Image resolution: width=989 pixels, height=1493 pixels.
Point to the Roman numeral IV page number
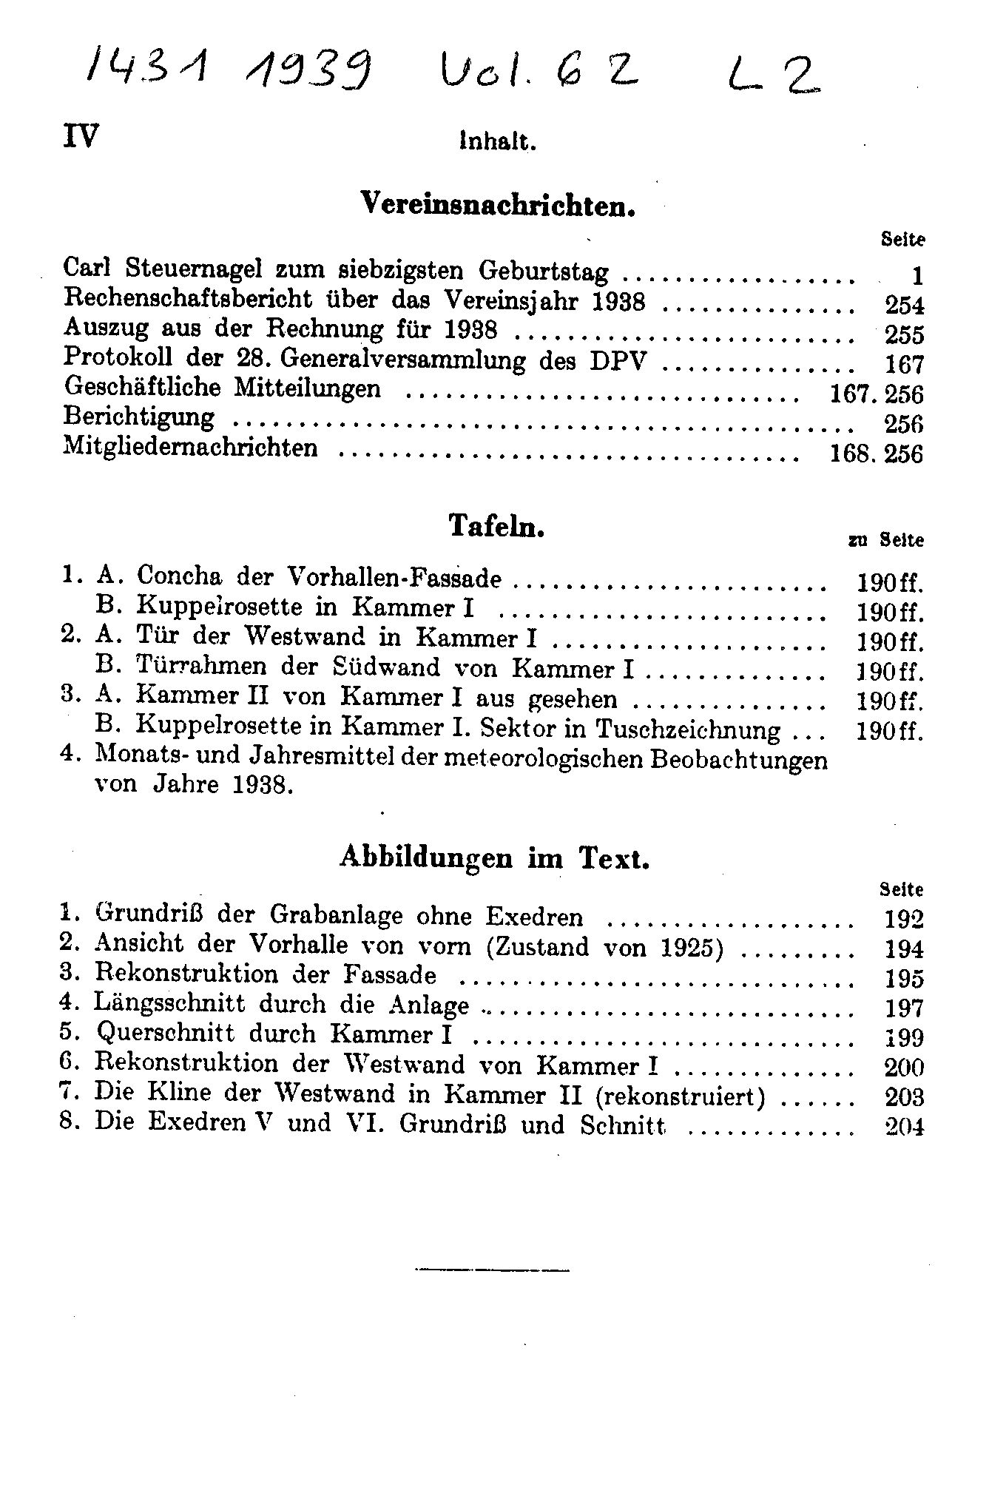click(x=81, y=136)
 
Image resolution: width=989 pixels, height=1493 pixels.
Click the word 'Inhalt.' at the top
click(x=497, y=141)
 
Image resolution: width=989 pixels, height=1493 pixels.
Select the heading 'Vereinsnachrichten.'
click(x=498, y=203)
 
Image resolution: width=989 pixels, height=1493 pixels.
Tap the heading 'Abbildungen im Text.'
click(x=495, y=857)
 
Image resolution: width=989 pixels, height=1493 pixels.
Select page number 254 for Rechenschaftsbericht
click(x=904, y=305)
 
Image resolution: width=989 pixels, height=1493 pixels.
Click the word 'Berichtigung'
click(x=139, y=417)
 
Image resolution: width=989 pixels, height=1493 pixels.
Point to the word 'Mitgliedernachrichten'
click(x=191, y=448)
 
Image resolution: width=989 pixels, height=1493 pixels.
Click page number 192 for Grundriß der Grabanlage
click(x=904, y=919)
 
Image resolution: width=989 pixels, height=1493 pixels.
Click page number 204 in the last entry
click(x=904, y=1126)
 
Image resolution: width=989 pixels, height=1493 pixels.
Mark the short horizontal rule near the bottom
click(x=493, y=1271)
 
